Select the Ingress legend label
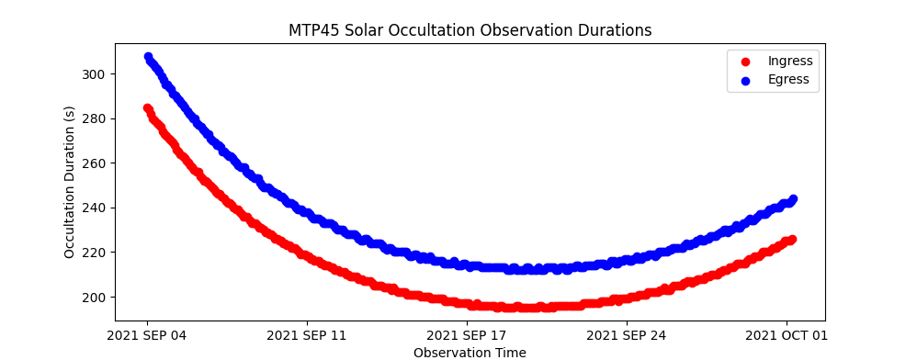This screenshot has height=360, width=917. click(790, 61)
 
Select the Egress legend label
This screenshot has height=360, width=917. click(788, 80)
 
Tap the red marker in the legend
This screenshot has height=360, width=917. click(746, 62)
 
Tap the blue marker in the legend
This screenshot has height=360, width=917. click(746, 82)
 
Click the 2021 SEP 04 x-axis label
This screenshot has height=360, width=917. click(147, 336)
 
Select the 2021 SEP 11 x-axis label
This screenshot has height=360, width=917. click(307, 336)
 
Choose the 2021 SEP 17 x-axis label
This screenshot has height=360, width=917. click(467, 336)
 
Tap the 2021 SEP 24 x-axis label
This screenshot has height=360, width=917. click(627, 336)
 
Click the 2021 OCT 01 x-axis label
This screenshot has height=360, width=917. click(787, 336)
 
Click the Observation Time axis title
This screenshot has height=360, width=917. click(470, 353)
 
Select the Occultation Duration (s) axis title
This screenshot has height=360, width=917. click(70, 182)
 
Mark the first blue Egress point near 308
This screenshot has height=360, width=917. click(148, 57)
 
